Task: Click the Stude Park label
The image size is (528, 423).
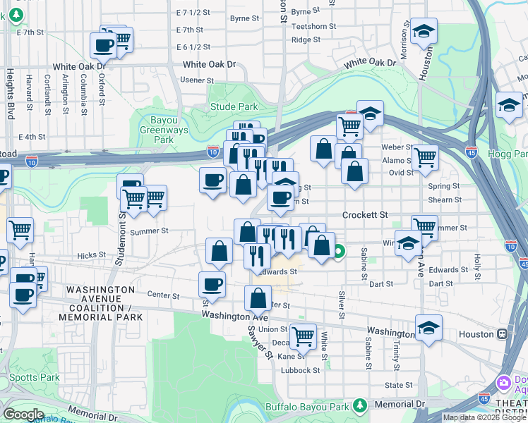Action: coord(234,106)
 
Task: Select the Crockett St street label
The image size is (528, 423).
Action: coord(365,214)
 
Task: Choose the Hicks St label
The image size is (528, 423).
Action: coord(92,256)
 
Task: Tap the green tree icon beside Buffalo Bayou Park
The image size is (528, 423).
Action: coord(360,405)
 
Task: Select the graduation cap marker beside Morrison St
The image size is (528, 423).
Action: coord(424,31)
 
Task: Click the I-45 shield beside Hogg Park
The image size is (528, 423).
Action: coord(472,152)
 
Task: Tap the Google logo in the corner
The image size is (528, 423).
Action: coord(23,415)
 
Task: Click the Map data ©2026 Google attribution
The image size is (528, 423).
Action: coord(484,417)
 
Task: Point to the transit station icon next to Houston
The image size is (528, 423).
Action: coord(502,333)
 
